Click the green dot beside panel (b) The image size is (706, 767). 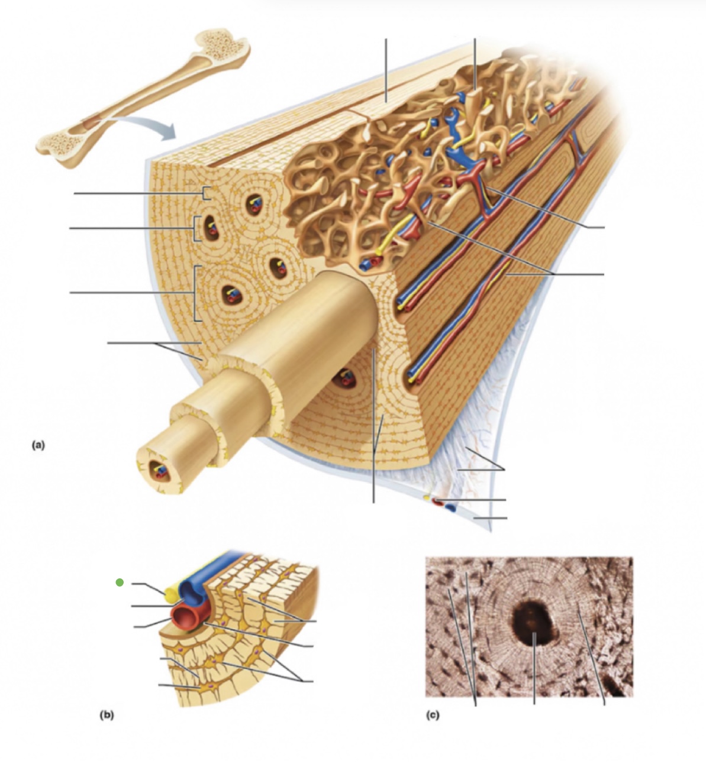(x=120, y=582)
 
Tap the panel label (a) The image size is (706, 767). (x=38, y=445)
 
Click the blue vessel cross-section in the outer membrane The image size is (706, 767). (x=451, y=507)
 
